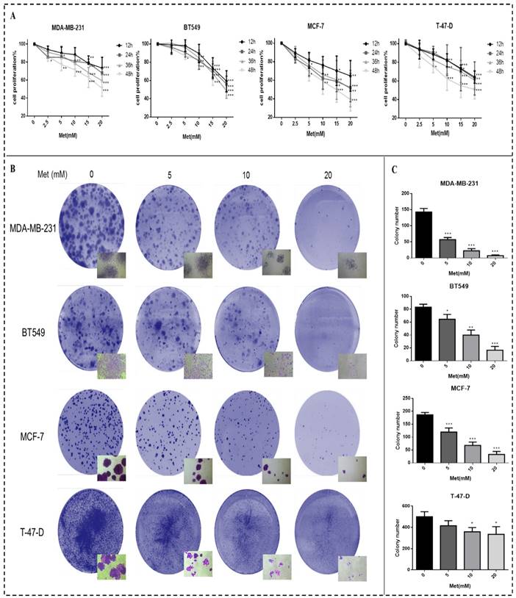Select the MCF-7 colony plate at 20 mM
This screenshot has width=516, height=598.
click(323, 430)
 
